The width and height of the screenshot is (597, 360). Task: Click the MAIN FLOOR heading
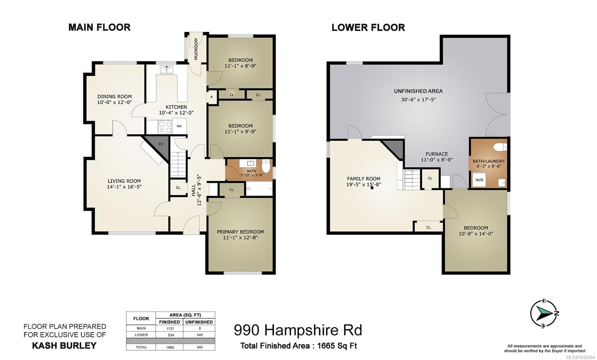[x=99, y=28]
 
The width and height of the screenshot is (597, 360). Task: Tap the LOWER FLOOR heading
[x=368, y=28]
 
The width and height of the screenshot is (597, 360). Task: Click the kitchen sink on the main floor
[x=166, y=70]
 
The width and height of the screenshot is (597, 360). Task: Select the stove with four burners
[x=165, y=127]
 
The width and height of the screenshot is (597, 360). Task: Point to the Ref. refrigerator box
[x=179, y=126]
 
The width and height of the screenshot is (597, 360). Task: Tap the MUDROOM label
[x=196, y=49]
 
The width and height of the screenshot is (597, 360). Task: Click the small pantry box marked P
[x=212, y=97]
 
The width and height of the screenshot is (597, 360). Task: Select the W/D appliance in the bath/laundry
[x=479, y=180]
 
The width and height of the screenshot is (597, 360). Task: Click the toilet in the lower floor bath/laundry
[x=500, y=147]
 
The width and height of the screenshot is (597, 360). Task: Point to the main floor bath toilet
[x=266, y=166]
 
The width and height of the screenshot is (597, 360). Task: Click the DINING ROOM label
[x=114, y=97]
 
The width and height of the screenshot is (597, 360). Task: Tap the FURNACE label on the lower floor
[x=437, y=154]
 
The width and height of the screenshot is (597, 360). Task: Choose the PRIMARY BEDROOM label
[x=240, y=232]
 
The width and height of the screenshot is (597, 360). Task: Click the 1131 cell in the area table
[x=170, y=329]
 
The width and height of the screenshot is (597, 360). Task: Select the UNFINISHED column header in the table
[x=199, y=322]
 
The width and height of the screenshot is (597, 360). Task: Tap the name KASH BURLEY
[x=64, y=345]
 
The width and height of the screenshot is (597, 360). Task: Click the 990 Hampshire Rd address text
[x=298, y=330]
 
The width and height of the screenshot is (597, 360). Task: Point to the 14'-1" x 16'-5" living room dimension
[x=124, y=187]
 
